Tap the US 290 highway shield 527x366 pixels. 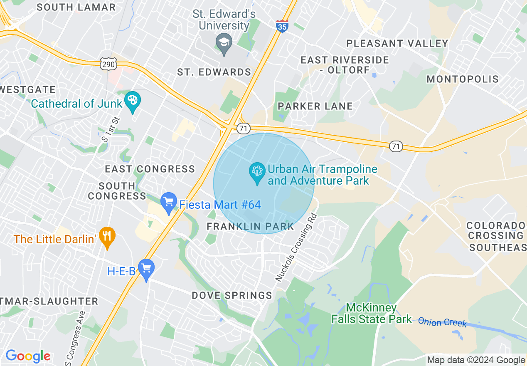(108, 64)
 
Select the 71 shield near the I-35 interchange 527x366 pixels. (243, 129)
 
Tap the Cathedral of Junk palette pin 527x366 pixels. (133, 101)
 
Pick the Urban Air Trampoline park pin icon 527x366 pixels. (257, 172)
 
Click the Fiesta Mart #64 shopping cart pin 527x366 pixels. (169, 203)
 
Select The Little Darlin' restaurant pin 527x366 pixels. (107, 237)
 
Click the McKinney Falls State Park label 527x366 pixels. (371, 314)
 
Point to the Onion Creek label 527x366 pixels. (442, 322)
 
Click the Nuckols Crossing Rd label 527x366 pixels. (296, 248)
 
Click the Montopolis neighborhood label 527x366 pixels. (463, 79)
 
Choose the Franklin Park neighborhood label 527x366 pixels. (250, 227)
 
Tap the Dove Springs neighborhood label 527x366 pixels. (231, 296)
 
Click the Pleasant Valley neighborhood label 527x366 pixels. (397, 43)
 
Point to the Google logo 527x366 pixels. (28, 356)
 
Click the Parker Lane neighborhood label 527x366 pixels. (315, 106)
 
